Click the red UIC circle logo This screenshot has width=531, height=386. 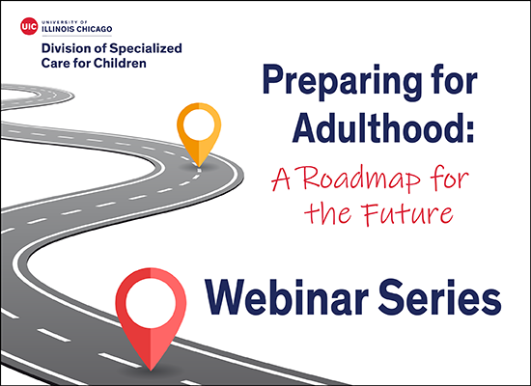(x=28, y=24)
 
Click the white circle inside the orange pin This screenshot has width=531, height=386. (x=199, y=124)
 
